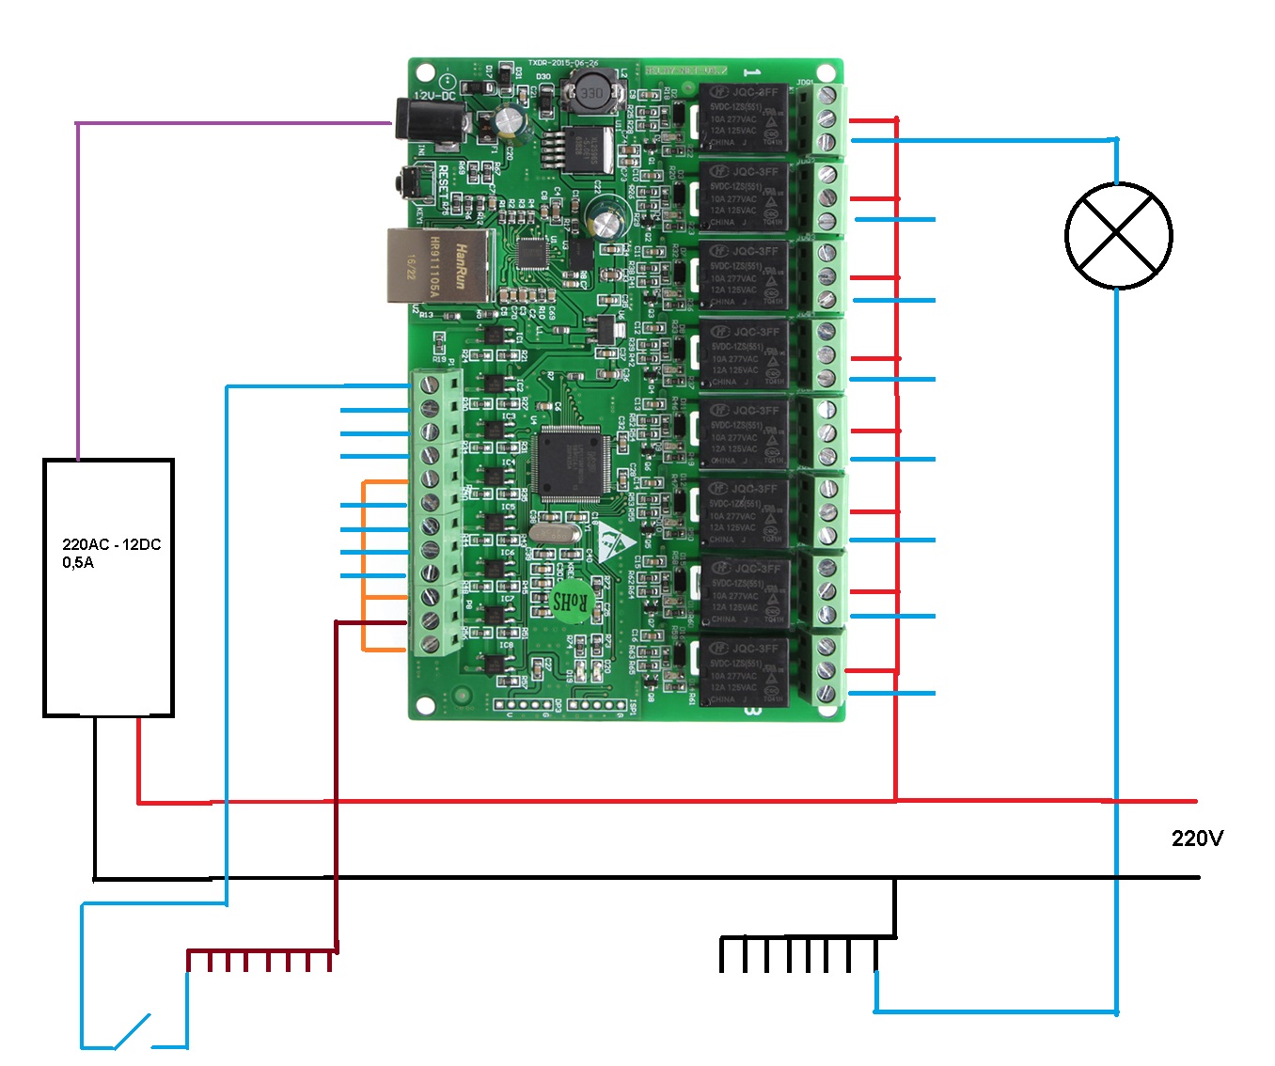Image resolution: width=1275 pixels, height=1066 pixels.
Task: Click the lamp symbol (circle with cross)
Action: [x=1118, y=235]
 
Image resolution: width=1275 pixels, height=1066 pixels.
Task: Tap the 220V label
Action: [x=1197, y=838]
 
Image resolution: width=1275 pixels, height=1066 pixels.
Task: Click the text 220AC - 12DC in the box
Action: [x=111, y=544]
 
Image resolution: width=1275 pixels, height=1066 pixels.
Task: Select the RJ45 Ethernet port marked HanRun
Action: [x=438, y=266]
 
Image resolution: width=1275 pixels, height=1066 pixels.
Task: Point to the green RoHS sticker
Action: [x=569, y=601]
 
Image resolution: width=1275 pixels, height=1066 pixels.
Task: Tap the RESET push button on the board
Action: [x=411, y=182]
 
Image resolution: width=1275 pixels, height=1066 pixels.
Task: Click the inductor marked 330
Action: [x=591, y=93]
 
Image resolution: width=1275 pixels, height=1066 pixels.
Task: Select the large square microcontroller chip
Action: [x=569, y=462]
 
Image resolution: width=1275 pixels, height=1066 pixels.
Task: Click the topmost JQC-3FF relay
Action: [x=744, y=118]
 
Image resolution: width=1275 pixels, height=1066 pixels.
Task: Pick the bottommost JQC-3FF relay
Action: [x=744, y=673]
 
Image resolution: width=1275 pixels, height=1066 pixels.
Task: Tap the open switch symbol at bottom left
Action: [x=133, y=1031]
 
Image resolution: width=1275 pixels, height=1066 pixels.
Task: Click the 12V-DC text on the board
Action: [x=434, y=96]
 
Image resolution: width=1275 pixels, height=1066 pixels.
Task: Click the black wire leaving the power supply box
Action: [x=94, y=799]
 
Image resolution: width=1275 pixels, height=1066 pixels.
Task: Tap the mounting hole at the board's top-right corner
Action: [x=826, y=73]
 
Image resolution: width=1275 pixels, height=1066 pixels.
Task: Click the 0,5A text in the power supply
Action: [x=78, y=562]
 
